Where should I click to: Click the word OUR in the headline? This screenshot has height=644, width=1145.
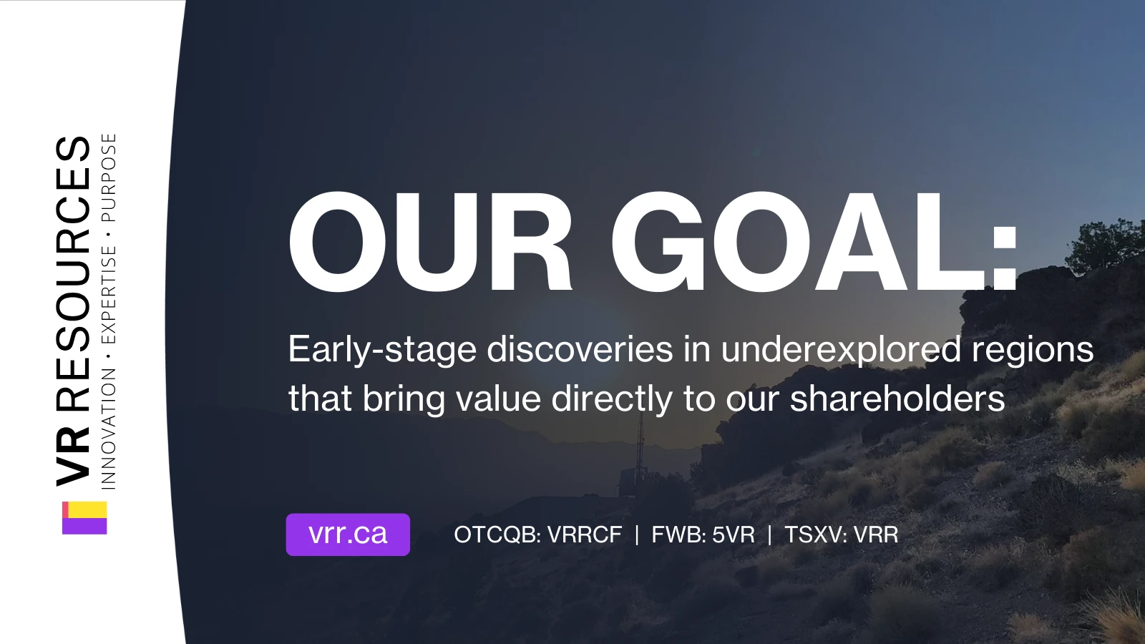tap(430, 241)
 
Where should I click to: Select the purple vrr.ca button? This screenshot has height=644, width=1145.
tap(348, 534)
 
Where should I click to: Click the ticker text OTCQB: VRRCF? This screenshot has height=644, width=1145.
tap(537, 535)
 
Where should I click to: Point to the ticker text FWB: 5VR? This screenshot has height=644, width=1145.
tap(703, 535)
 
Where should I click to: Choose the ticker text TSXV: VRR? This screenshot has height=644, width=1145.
tap(841, 535)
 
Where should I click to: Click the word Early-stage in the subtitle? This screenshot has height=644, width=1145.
tap(382, 351)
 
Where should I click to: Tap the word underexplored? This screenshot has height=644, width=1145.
tap(842, 351)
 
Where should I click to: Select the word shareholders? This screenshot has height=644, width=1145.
tap(897, 398)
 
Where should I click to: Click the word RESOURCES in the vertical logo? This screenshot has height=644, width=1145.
tap(73, 274)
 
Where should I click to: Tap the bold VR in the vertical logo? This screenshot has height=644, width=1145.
tap(73, 454)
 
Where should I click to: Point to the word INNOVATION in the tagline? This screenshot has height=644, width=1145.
tap(109, 429)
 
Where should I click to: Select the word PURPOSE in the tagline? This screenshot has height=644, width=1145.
tap(109, 177)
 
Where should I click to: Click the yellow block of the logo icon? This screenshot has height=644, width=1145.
tap(87, 509)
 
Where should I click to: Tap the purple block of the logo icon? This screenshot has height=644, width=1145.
tap(84, 526)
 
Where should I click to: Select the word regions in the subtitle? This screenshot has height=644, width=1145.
tap(1033, 351)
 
